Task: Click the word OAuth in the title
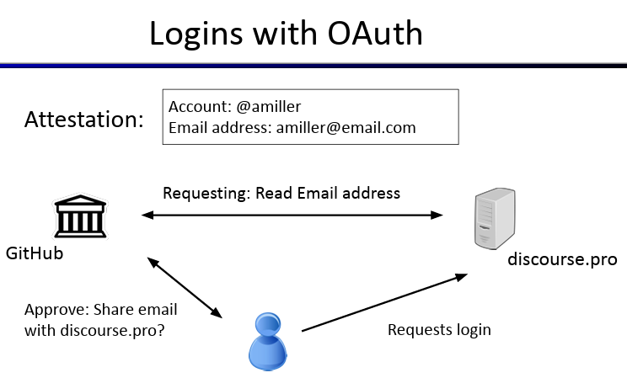pos(375,34)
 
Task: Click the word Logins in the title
pos(196,35)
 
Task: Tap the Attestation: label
pos(84,119)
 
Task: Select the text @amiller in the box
pos(268,107)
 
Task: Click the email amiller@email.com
pos(346,128)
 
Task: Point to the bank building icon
pos(80,216)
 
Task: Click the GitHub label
pos(35,253)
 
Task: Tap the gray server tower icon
pos(495,219)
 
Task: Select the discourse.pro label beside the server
pos(562,259)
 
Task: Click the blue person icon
pos(268,342)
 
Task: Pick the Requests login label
pos(439,330)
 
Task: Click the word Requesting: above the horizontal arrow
pos(206,194)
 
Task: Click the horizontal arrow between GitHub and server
pos(292,215)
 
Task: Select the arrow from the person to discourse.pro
pos(384,302)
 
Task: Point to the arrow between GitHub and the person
pos(185,288)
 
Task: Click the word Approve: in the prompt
pos(56,310)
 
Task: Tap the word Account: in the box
pos(200,107)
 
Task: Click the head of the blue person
pos(267,324)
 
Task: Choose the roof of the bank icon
pos(80,200)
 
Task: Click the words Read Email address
pos(328,193)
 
